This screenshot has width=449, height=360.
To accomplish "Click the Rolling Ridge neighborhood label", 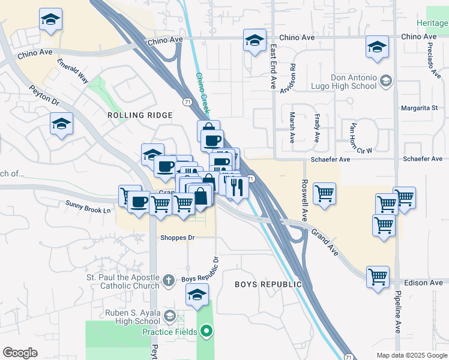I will click(x=139, y=115).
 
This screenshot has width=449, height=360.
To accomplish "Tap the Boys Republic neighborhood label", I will click(x=268, y=284).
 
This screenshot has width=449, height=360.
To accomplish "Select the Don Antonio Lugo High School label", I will click(x=354, y=82).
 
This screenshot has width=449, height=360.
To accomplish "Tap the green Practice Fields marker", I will click(x=206, y=331).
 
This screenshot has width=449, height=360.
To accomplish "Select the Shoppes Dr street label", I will click(x=178, y=238).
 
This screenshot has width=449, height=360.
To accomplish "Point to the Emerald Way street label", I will click(x=73, y=71).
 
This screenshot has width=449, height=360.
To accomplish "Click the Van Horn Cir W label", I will click(x=361, y=137).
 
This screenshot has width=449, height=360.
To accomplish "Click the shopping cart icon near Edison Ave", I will click(x=378, y=277).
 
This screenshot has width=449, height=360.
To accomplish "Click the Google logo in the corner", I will click(x=20, y=353).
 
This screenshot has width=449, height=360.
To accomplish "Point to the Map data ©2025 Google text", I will click(x=412, y=355).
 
